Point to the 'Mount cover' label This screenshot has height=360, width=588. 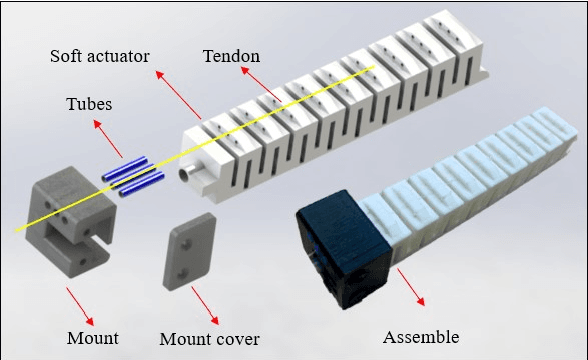click(209, 338)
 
